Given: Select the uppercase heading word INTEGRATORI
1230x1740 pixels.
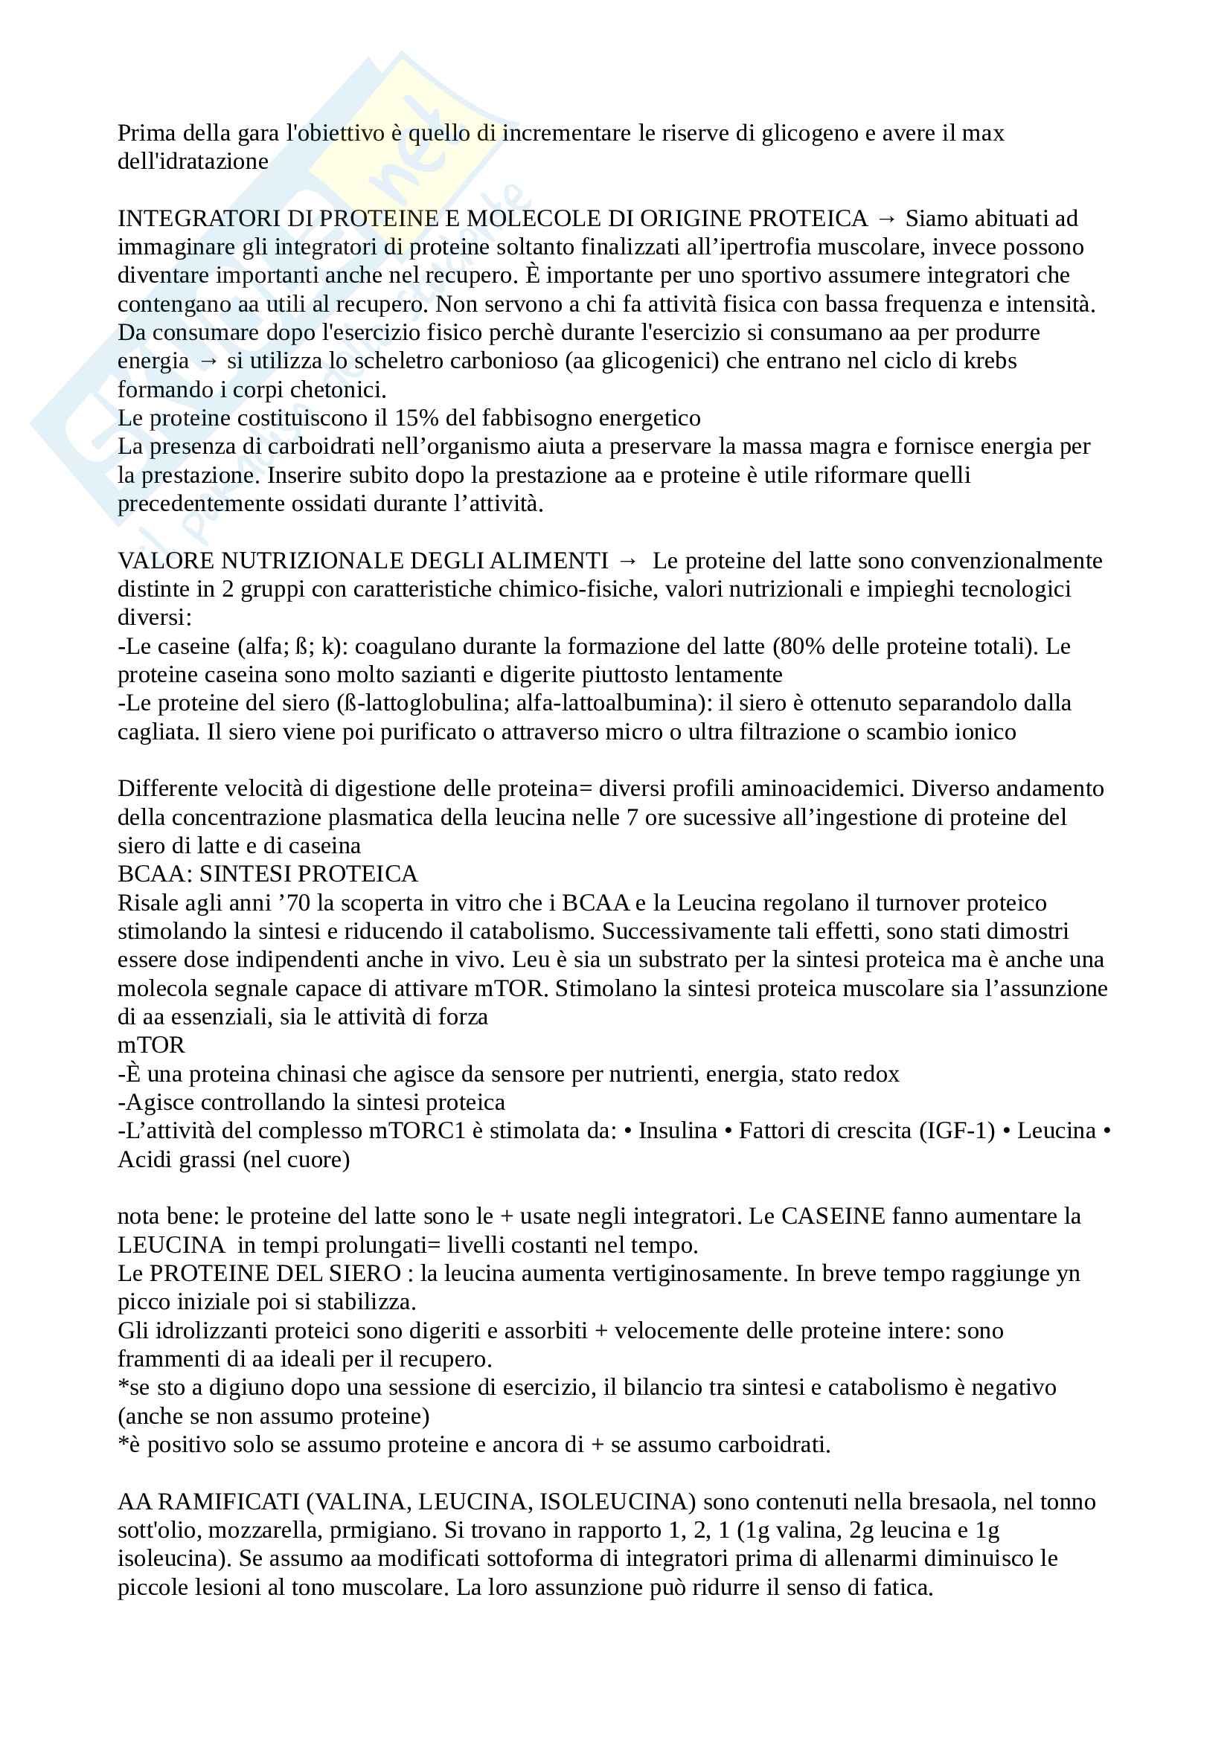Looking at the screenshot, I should point(179,219).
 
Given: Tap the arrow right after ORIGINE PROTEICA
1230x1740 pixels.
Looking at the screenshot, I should point(886,219).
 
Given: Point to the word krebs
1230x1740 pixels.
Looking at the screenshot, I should point(990,362).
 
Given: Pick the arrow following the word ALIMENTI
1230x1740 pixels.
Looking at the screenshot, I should point(628,561).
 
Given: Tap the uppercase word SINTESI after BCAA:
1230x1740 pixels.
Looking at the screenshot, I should point(245,875).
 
